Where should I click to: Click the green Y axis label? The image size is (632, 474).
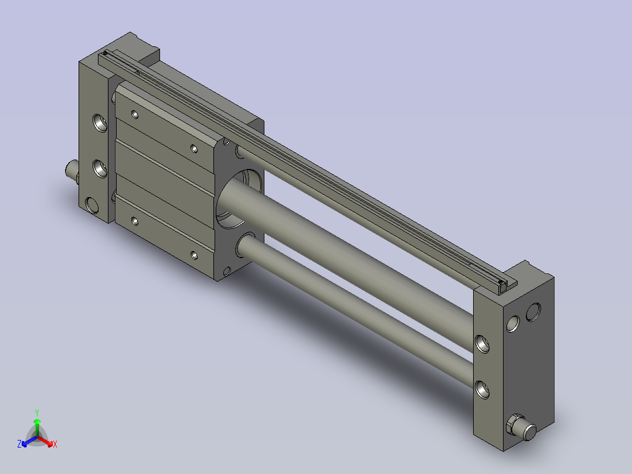37,412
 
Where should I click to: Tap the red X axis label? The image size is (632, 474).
55,445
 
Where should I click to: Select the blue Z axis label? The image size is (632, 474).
19,445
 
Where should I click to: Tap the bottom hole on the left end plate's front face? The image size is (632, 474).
93,205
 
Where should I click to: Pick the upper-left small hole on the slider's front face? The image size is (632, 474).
135,114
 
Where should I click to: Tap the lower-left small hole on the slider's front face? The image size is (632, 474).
135,221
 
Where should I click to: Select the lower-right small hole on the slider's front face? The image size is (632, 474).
194,255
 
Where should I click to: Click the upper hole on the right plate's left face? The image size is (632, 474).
483,343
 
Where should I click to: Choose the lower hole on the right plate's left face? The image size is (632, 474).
483,388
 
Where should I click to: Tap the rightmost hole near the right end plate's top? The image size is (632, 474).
534,312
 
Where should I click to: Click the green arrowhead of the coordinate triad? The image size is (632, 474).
37,421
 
